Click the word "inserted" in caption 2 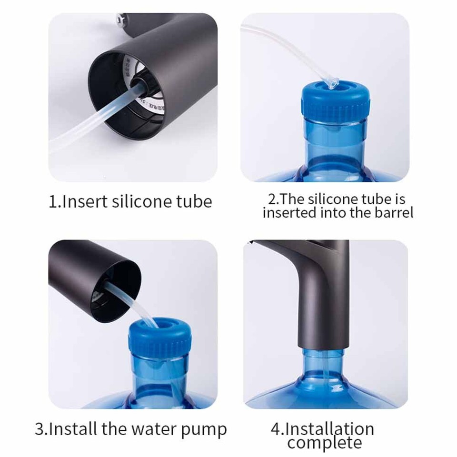[x=289, y=212]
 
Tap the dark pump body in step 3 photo [x=86, y=271]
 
